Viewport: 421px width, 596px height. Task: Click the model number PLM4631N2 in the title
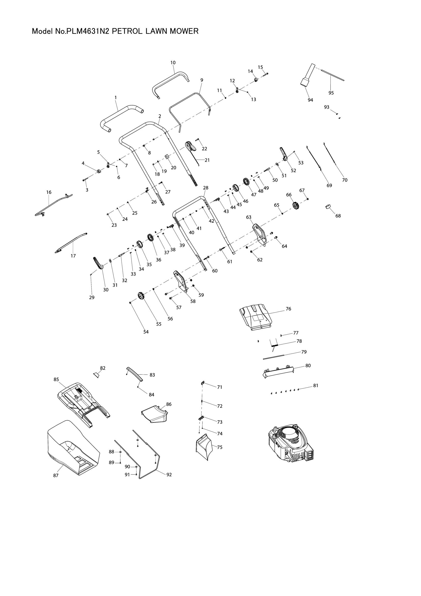tap(87, 31)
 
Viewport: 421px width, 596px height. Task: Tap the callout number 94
tap(310, 100)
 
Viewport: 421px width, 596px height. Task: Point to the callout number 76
tap(289, 309)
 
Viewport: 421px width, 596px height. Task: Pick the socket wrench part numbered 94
tap(308, 75)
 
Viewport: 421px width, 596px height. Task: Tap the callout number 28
tap(206, 188)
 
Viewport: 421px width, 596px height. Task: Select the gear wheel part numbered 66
tap(296, 206)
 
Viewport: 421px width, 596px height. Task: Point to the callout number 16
tap(49, 192)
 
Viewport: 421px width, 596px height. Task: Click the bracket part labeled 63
tap(259, 233)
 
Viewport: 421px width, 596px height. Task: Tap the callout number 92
tap(169, 475)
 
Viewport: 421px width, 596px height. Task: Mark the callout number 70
tap(345, 180)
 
